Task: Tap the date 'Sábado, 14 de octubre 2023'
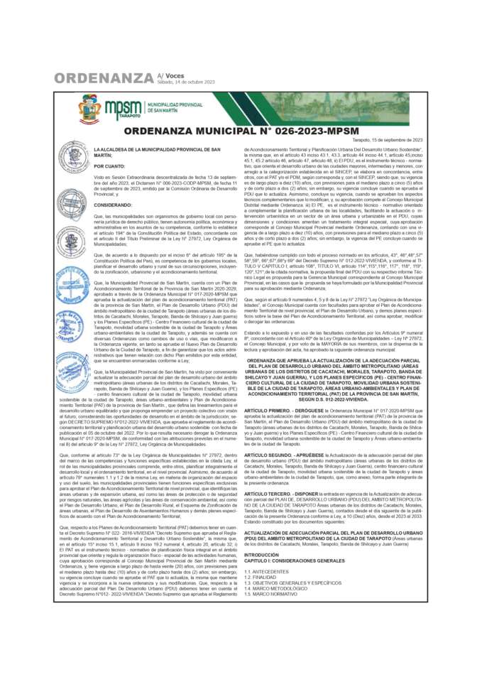185,82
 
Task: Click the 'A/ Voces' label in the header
171,75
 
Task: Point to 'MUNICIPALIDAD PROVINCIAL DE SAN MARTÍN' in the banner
174,107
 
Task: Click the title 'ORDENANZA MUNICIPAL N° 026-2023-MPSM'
241,131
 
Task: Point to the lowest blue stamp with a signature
73,371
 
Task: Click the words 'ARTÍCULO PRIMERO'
267,411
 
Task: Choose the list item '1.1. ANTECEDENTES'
265,571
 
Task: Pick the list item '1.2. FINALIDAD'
261,577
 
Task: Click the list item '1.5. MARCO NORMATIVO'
270,593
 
